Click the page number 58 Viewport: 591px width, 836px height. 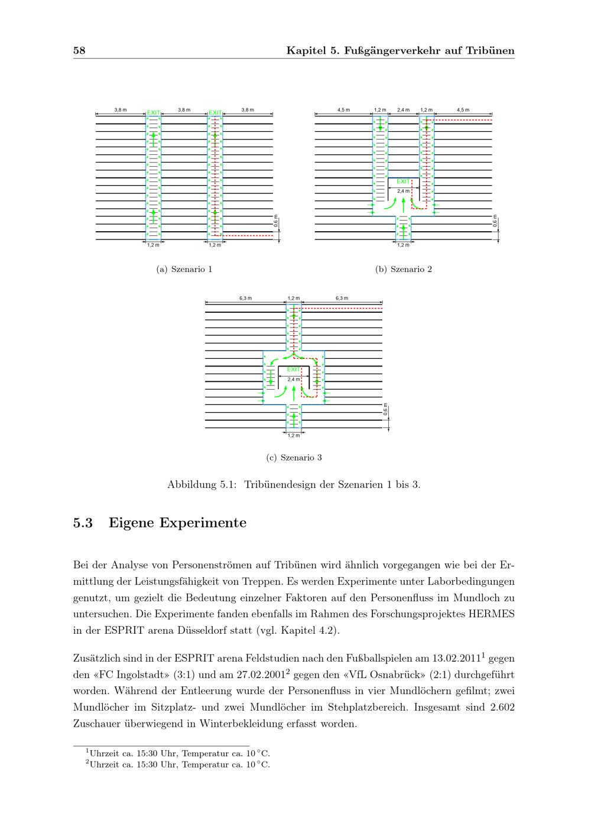click(79, 50)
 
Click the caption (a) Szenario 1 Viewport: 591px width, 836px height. click(184, 269)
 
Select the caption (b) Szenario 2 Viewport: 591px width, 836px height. click(404, 269)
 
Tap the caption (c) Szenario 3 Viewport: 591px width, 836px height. click(294, 458)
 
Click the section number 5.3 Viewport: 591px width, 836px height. click(83, 523)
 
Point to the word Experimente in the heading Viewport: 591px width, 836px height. click(203, 523)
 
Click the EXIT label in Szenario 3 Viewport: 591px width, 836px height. click(294, 370)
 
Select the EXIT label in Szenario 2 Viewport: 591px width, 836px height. click(403, 182)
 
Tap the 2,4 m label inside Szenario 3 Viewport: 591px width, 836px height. click(293, 380)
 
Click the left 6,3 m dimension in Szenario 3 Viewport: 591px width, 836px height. click(245, 298)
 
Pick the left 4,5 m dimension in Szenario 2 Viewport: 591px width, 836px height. click(343, 110)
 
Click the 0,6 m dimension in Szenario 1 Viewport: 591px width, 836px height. click(276, 221)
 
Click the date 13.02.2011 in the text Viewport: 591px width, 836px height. click(456, 658)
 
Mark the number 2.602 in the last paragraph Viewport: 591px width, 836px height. click(502, 707)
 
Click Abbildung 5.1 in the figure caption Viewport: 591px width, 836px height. click(202, 485)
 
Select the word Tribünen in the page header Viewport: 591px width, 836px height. click(490, 50)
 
